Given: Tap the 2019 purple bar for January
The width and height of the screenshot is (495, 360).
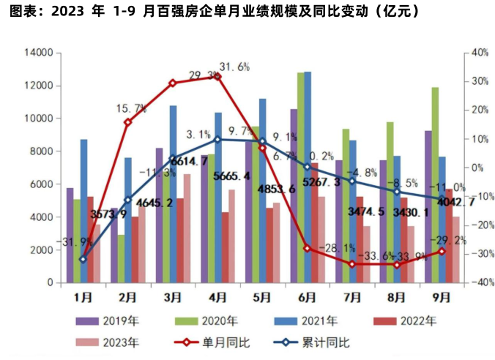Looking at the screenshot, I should coord(70,235).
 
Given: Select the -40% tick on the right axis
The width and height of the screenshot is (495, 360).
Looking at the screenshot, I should coord(480,282).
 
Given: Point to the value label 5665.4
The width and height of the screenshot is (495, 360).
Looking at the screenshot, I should coord(231,176).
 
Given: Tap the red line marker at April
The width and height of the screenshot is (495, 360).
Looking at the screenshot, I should coord(217,76).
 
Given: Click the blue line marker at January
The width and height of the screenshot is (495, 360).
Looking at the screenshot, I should coord(83,259).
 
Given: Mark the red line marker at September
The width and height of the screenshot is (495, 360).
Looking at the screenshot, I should coord(442,252).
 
